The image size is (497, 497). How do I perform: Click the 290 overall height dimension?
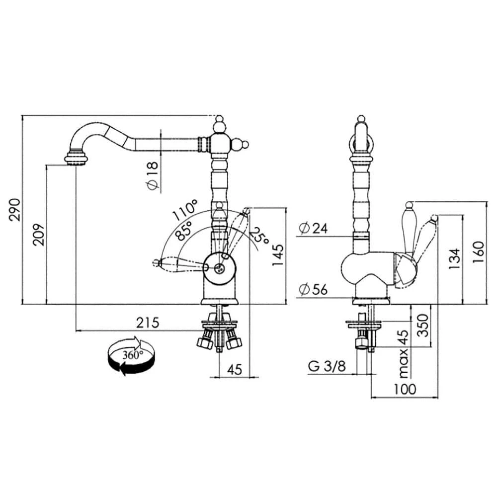coord(15,210)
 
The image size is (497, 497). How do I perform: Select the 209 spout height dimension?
coord(39,235)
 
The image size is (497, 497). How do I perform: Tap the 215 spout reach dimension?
coord(148,323)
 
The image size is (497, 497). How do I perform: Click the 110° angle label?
coord(185,210)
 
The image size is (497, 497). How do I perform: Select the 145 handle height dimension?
coord(278,255)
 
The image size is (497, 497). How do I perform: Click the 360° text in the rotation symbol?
coord(133,355)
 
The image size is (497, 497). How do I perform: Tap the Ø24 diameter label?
coord(313,228)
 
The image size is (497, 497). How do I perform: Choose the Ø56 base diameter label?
coord(313,289)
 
